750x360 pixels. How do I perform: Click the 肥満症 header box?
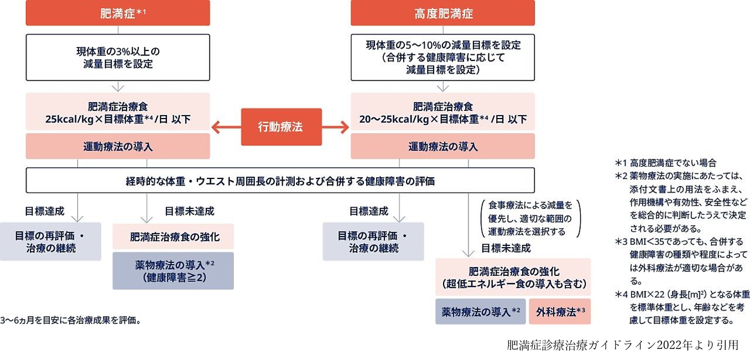118,13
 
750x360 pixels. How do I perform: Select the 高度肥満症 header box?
442,13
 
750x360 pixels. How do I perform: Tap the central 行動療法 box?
281,127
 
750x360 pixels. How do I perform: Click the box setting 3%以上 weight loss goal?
118,58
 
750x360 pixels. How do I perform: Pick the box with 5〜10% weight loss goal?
442,58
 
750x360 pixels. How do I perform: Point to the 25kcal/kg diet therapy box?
118,112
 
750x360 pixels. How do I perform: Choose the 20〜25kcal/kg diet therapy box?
442,112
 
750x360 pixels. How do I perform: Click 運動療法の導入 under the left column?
118,147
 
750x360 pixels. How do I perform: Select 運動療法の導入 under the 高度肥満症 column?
442,147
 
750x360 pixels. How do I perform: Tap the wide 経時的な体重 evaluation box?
280,181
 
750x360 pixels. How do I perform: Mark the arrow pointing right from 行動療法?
336,127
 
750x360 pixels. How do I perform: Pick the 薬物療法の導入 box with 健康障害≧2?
173,271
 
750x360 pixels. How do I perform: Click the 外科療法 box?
560,312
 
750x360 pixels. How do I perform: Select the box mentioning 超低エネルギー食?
513,277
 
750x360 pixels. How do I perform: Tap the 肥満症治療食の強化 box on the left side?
173,237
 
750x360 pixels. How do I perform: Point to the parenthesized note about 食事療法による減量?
530,218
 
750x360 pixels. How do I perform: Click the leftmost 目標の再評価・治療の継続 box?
50,242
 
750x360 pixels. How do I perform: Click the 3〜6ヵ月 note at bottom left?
71,320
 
